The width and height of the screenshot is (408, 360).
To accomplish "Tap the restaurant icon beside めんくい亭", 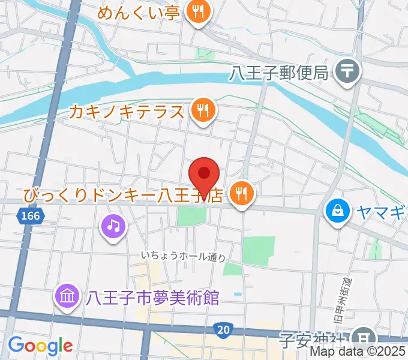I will pos(197,11).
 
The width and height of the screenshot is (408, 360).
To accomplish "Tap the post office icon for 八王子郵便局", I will pos(347,73).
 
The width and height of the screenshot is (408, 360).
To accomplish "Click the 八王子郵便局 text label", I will pos(279,73).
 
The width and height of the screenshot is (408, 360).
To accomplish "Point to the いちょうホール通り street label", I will pos(183,256).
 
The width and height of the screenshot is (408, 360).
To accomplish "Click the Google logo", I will pos(40,345).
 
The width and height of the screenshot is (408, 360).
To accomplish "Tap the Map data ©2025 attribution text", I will pos(364,353).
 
